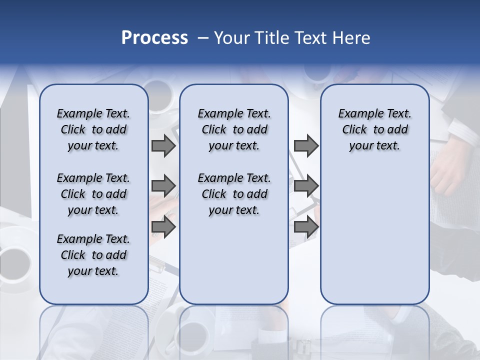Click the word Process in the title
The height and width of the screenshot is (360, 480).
(x=154, y=38)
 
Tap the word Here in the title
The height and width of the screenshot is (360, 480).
(x=351, y=38)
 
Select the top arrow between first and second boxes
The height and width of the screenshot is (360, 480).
(x=163, y=146)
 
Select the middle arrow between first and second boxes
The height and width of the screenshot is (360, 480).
(x=163, y=186)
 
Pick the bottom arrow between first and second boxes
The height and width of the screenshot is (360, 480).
(x=163, y=227)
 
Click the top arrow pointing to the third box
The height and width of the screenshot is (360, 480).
(x=306, y=146)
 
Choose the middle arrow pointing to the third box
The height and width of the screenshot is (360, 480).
(x=306, y=186)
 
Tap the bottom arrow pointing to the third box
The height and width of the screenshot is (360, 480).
(x=306, y=227)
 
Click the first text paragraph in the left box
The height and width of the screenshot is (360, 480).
(x=93, y=129)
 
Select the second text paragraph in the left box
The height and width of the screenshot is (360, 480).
(x=93, y=194)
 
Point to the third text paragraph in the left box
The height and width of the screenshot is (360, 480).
(x=93, y=255)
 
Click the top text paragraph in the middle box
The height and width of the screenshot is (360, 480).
(x=234, y=129)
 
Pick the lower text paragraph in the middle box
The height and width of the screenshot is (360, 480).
(x=234, y=194)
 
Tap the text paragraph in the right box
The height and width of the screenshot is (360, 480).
(x=374, y=129)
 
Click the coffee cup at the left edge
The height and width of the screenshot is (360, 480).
(x=15, y=260)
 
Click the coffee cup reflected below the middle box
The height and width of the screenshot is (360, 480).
(x=192, y=330)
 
